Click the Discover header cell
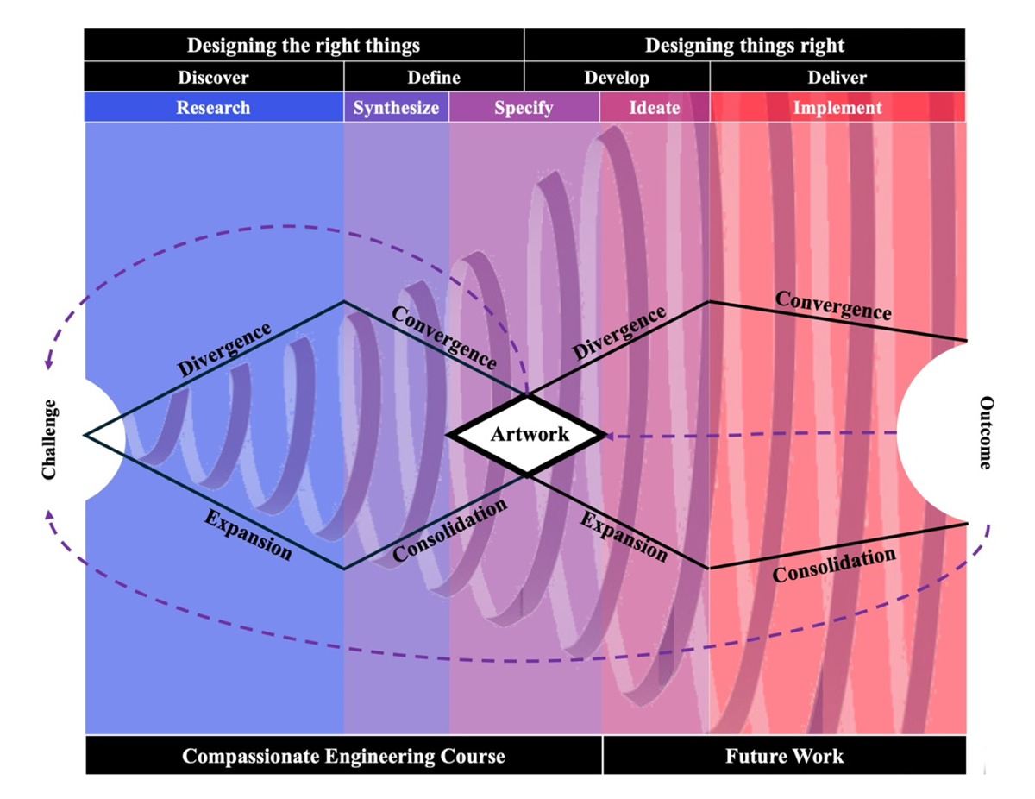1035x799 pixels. pos(213,77)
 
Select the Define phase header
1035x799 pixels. pos(434,77)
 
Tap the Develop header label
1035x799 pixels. pos(617,78)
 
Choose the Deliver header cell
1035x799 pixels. pos(837,77)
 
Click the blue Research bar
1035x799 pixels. pos(213,107)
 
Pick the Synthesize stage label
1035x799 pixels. pos(396,108)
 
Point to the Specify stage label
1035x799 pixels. pos(524,108)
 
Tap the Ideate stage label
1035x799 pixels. pos(655,108)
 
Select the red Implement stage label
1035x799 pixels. pos(837,108)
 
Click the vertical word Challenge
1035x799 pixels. pos(49,439)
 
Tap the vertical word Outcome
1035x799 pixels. pos(986,432)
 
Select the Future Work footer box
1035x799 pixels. pos(785,756)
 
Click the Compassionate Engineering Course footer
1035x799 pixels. pos(343,756)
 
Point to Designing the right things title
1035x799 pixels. pos(304,45)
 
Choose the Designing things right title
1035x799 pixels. pos(744,45)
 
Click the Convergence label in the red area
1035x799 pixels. pos(833,305)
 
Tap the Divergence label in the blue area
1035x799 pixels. pos(224,349)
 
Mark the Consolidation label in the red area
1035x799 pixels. pos(834,564)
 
